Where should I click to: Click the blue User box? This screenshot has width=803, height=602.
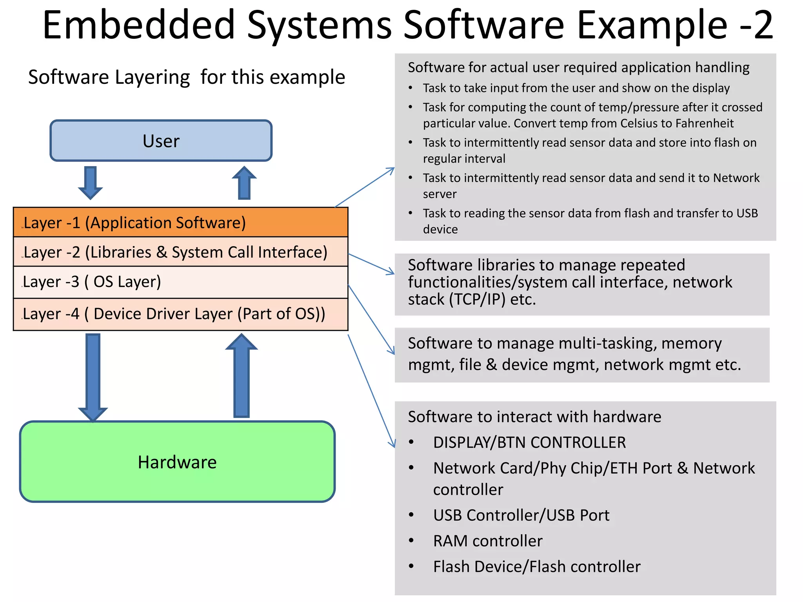pyautogui.click(x=161, y=141)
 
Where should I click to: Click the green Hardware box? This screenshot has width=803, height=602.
pyautogui.click(x=177, y=462)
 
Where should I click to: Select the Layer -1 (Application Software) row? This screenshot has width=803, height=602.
pyautogui.click(x=180, y=222)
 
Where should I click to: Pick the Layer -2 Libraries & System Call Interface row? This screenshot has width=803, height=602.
pyautogui.click(x=180, y=252)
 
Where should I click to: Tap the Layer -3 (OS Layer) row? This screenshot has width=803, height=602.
pyautogui.click(x=180, y=282)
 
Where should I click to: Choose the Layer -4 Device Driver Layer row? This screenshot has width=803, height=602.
pyautogui.click(x=180, y=314)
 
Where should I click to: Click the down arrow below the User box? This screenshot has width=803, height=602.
pyautogui.click(x=91, y=182)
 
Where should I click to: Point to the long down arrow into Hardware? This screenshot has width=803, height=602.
pyautogui.click(x=93, y=376)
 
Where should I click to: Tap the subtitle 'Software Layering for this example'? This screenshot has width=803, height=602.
pyautogui.click(x=187, y=77)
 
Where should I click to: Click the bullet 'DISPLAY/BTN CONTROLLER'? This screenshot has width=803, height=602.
pyautogui.click(x=529, y=442)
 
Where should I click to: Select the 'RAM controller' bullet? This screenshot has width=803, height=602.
pyautogui.click(x=488, y=541)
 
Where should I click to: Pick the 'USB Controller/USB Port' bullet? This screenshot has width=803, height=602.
pyautogui.click(x=521, y=515)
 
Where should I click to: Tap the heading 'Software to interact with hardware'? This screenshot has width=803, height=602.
pyautogui.click(x=534, y=417)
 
